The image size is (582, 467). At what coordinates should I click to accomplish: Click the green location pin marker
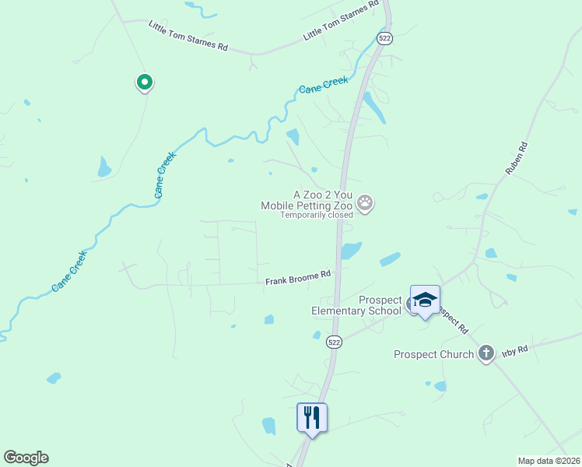pos(144,82)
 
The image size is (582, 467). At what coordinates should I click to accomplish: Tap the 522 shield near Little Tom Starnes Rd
pos(384,38)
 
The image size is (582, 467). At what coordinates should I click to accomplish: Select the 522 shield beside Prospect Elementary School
pos(334,342)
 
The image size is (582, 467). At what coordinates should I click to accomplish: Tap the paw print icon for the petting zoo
pos(366,205)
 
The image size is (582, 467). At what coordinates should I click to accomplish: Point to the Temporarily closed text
pos(311,216)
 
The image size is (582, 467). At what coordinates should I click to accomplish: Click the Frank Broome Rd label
pos(298,278)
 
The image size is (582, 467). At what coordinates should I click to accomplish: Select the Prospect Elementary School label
pos(356,305)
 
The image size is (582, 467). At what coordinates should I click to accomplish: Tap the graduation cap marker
pos(425,300)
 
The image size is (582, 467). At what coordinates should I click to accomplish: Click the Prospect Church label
pos(433,355)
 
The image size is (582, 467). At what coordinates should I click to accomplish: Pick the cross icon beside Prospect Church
pos(486,354)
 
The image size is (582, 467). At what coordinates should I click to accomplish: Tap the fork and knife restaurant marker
pos(312,417)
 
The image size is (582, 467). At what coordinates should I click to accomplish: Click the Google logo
pos(26,458)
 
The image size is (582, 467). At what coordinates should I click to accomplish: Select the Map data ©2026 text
pos(549,461)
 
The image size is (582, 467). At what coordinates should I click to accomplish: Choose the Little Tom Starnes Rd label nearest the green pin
pos(188,36)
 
